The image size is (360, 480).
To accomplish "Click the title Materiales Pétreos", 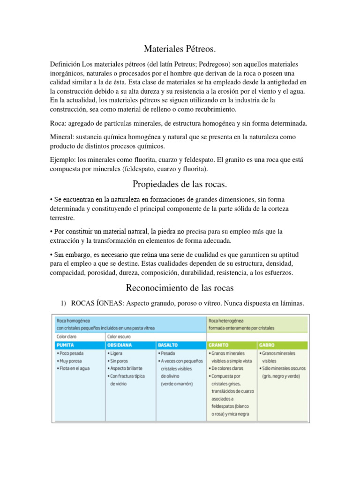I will [x=180, y=48].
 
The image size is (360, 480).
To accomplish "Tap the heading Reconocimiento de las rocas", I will [x=180, y=287].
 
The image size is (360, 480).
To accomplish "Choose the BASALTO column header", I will [x=168, y=345].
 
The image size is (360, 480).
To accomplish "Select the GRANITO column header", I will [x=219, y=345].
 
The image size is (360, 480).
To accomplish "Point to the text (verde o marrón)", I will [x=177, y=383].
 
